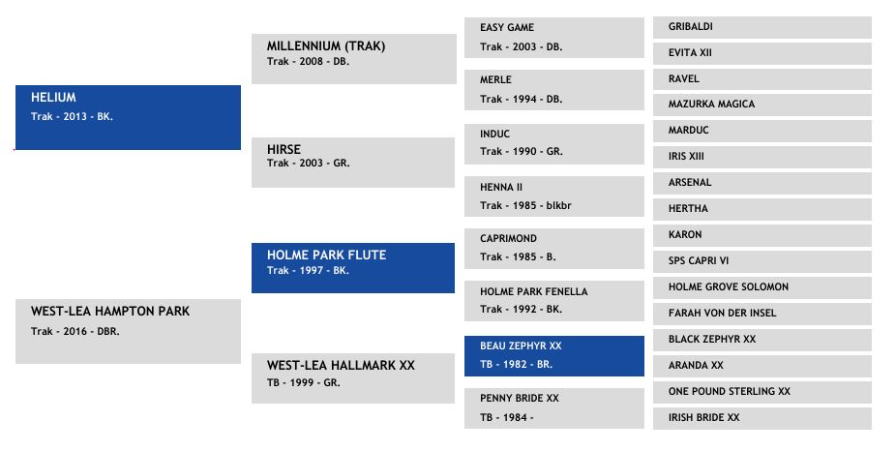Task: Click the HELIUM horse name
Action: [x=53, y=97]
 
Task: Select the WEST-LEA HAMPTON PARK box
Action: [x=128, y=331]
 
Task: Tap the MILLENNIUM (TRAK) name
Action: [x=326, y=45]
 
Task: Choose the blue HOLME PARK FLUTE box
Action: [x=353, y=268]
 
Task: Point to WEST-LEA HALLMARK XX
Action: [x=341, y=365]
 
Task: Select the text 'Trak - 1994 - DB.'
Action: [x=522, y=99]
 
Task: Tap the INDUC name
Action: [x=494, y=134]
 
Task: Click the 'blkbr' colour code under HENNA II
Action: [x=558, y=205]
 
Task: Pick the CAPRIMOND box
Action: [x=554, y=249]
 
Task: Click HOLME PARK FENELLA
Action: [x=534, y=291]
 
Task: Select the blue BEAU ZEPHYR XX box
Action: [x=554, y=356]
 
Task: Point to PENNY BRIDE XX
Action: [x=520, y=398]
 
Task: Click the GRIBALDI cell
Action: [x=762, y=27]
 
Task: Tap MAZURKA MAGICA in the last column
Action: [x=711, y=104]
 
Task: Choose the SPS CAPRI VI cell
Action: [x=762, y=261]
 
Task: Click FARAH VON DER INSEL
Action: [x=722, y=313]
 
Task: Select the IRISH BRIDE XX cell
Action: [x=762, y=418]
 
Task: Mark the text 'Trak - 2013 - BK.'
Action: [x=72, y=116]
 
